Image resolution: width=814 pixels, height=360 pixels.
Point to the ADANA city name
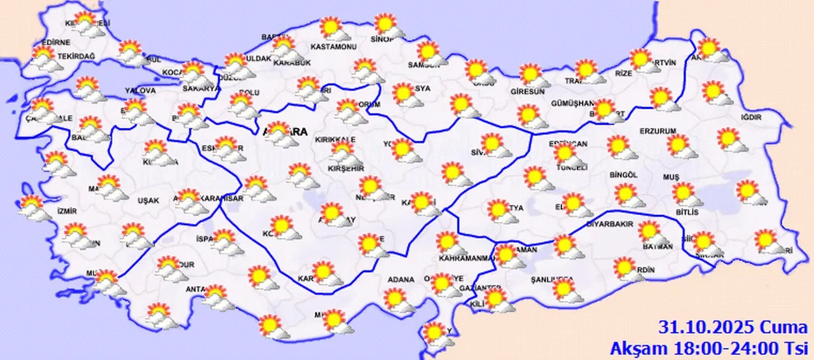[401, 279]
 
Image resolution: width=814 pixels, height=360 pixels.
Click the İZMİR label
[67, 211]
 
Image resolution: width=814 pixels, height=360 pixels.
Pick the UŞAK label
[148, 200]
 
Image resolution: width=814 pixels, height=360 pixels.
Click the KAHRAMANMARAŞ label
[466, 258]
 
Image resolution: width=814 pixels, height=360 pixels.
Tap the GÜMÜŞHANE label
[572, 104]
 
